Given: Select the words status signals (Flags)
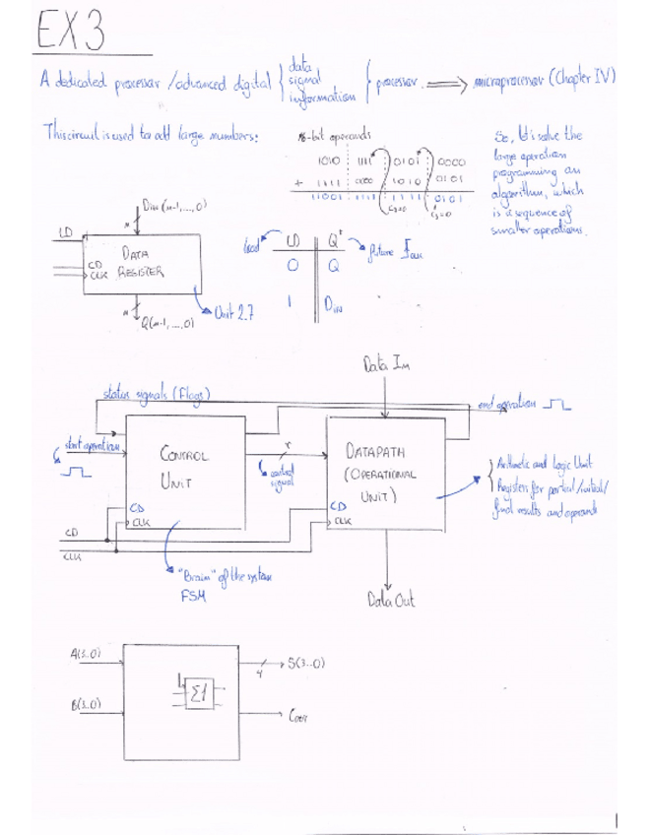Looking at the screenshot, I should [160, 397].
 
